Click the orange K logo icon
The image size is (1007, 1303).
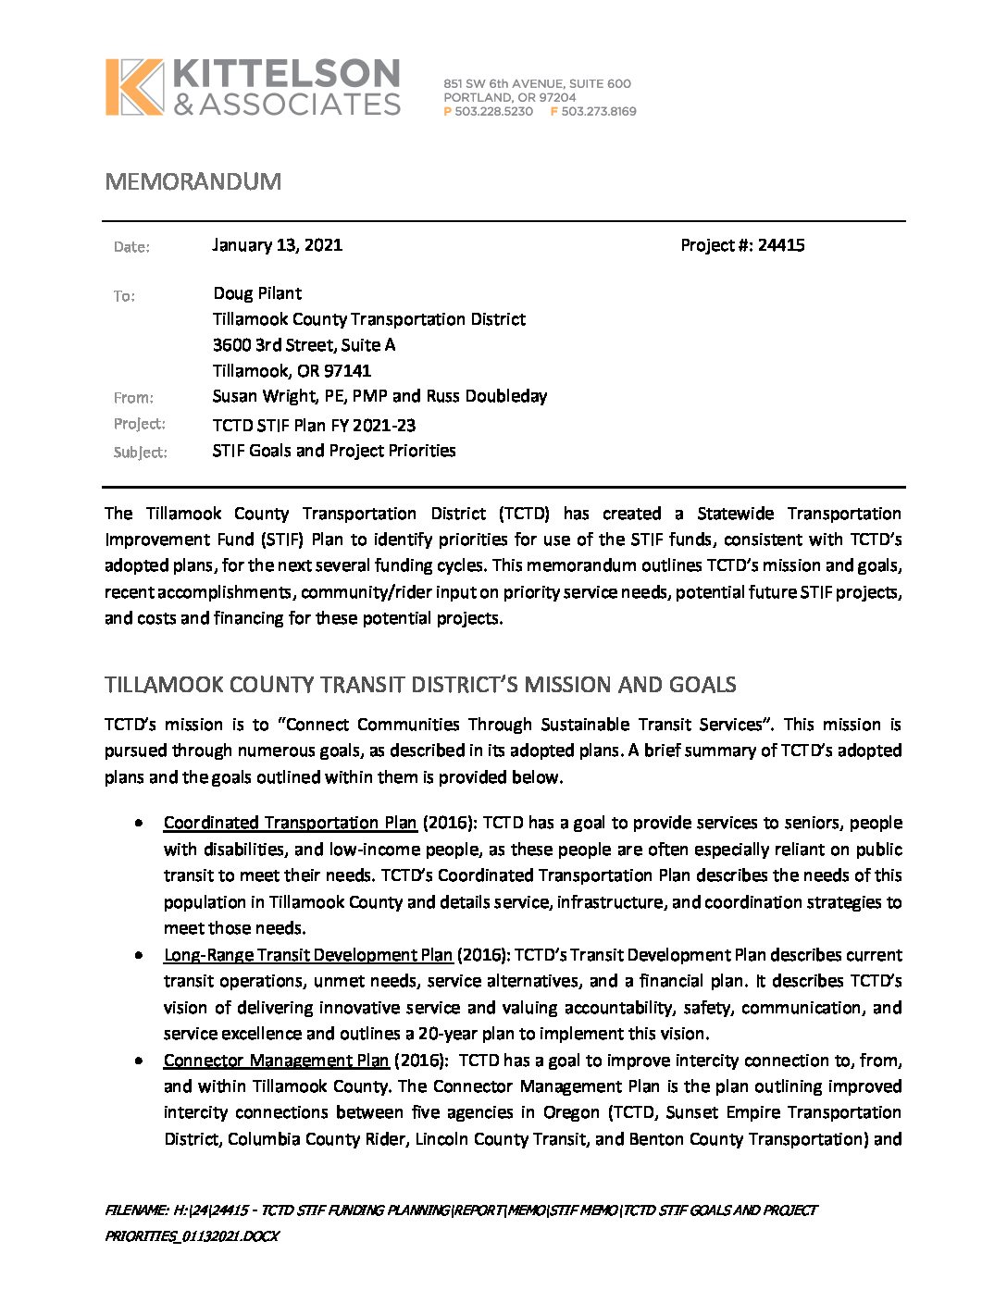coord(134,87)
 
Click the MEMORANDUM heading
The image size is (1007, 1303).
coord(193,181)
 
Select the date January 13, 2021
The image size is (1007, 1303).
coord(277,245)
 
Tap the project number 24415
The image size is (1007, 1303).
coord(781,245)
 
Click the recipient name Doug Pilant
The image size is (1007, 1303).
coord(257,293)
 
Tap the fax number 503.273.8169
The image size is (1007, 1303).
coord(598,111)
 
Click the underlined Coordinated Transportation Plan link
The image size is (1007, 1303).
coord(290,823)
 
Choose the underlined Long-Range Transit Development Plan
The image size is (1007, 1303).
coord(308,955)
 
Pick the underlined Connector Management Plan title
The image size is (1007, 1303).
coord(276,1061)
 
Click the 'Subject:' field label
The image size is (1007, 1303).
coord(140,453)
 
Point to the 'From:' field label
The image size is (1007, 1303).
coord(133,398)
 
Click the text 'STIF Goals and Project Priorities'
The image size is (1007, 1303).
coord(334,451)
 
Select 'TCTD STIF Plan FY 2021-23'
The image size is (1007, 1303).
coord(314,426)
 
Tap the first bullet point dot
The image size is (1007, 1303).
coord(138,823)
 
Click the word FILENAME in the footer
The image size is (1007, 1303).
coord(135,1210)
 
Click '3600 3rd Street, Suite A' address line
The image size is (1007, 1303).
coord(304,345)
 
